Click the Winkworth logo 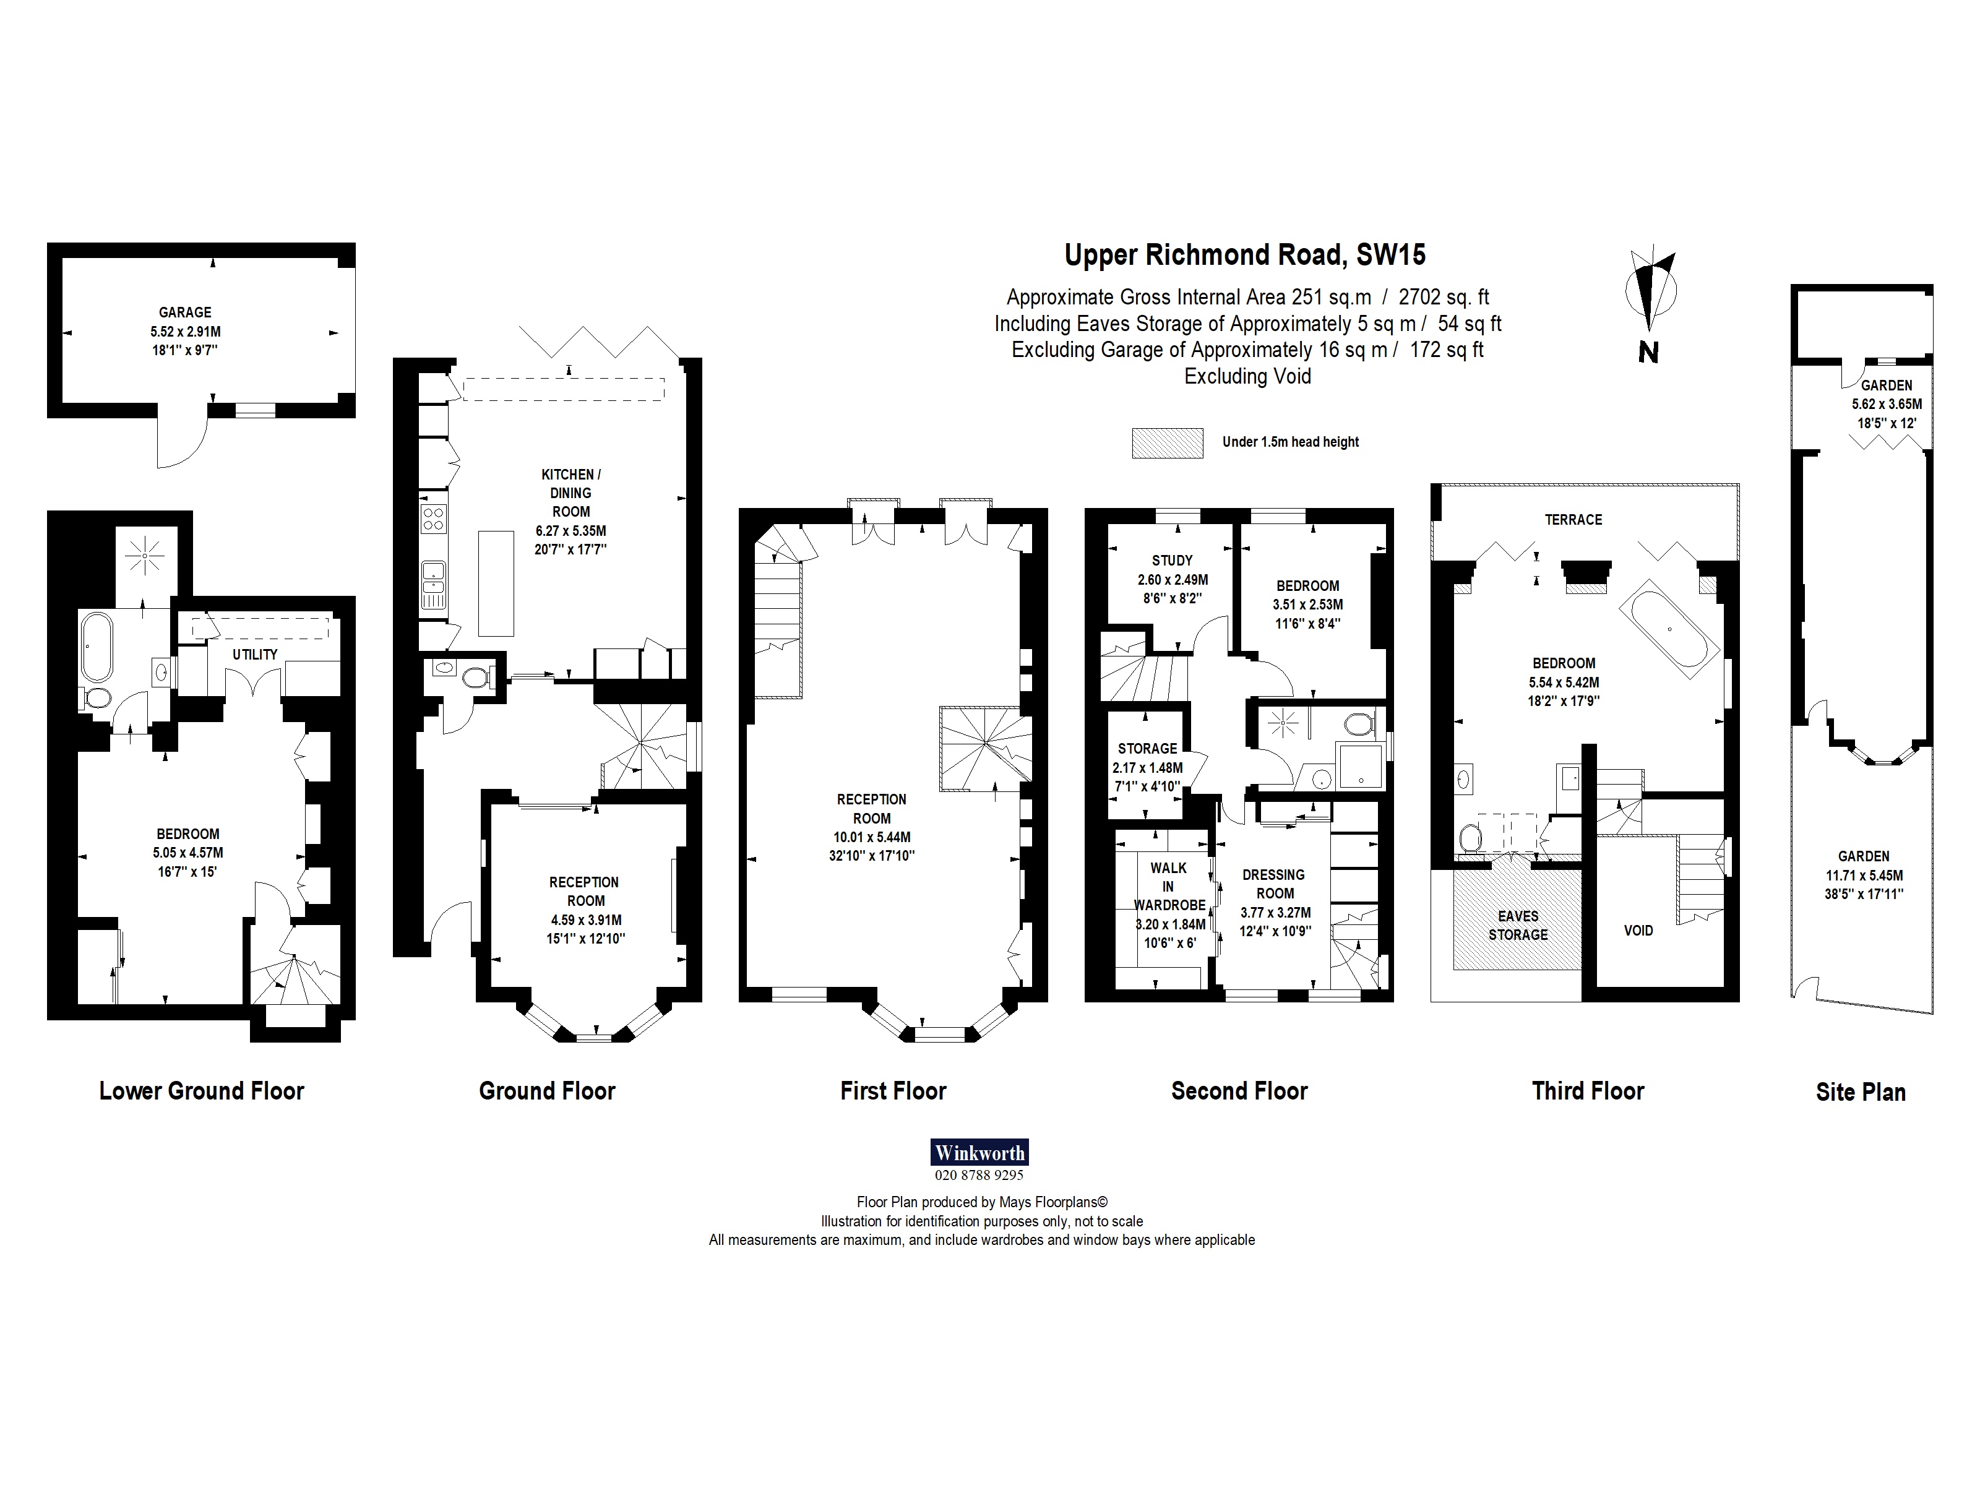pos(979,1153)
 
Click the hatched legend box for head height pos(1167,443)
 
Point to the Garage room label pos(185,312)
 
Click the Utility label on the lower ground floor pos(255,655)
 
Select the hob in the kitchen pos(433,519)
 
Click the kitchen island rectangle pos(496,583)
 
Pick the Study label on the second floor pos(1172,561)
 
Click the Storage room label pos(1148,748)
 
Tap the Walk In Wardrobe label pos(1169,886)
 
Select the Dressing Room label pos(1275,884)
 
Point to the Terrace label pos(1573,519)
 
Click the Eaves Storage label pos(1518,926)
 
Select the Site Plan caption pos(1860,1092)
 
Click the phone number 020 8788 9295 pos(979,1175)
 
